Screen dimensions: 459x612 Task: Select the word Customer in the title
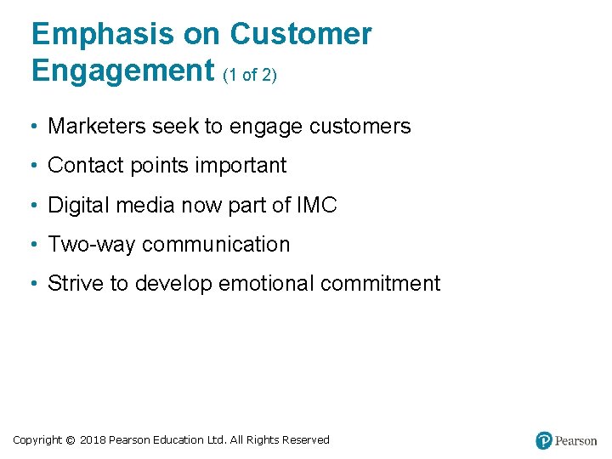301,34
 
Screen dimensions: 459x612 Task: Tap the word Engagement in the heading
122,70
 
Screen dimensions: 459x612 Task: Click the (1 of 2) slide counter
250,75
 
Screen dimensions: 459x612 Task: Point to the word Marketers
96,127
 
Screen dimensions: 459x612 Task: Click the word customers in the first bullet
360,127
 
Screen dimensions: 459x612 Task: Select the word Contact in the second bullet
82,166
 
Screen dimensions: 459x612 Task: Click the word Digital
77,205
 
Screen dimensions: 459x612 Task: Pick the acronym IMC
316,205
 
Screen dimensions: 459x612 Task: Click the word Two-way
92,245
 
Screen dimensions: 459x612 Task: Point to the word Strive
74,284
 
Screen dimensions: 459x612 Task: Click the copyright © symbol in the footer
71,440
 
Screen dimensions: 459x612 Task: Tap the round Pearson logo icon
544,440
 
